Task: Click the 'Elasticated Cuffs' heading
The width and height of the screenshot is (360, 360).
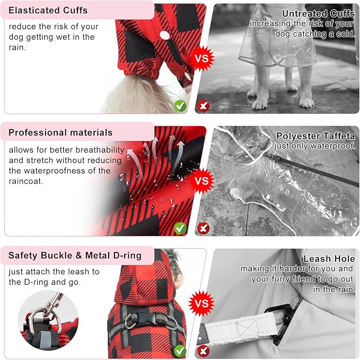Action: click(48, 10)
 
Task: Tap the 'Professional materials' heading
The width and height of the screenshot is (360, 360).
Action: click(60, 133)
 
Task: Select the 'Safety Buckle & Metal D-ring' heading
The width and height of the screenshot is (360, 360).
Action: click(75, 256)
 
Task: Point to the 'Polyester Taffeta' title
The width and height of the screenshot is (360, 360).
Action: click(315, 136)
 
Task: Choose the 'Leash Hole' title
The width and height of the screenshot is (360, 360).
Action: click(329, 259)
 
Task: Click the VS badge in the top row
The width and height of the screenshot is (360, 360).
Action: click(201, 57)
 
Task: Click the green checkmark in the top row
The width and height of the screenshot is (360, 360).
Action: click(180, 106)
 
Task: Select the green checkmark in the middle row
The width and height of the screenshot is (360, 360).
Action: click(180, 229)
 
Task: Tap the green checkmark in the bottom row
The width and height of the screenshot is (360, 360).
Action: click(180, 350)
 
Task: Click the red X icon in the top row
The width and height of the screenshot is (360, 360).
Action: click(203, 106)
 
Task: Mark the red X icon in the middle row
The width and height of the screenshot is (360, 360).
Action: click(203, 229)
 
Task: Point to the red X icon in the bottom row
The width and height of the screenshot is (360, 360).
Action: click(203, 350)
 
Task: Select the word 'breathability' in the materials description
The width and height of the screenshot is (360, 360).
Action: click(99, 150)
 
